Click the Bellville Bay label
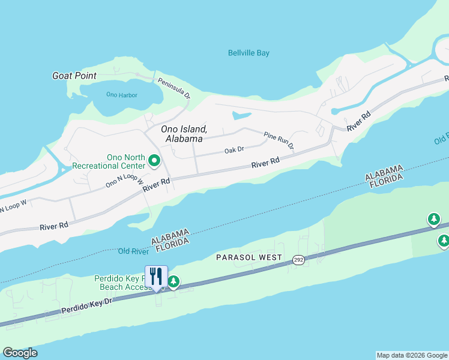pyautogui.click(x=249, y=53)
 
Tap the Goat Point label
pyautogui.click(x=75, y=76)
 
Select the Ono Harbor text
pyautogui.click(x=121, y=95)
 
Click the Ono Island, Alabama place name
pyautogui.click(x=184, y=134)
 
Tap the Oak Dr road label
pyautogui.click(x=234, y=150)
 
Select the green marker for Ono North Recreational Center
pyautogui.click(x=154, y=160)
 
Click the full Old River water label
pyautogui.click(x=133, y=251)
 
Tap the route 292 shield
pyautogui.click(x=298, y=260)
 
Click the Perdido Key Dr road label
pyautogui.click(x=87, y=308)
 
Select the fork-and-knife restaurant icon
pyautogui.click(x=156, y=276)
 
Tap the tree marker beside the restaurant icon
pyautogui.click(x=173, y=281)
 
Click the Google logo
pyautogui.click(x=20, y=353)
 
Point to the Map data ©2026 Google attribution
pyautogui.click(x=412, y=355)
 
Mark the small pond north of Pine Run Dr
pyautogui.click(x=241, y=114)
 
